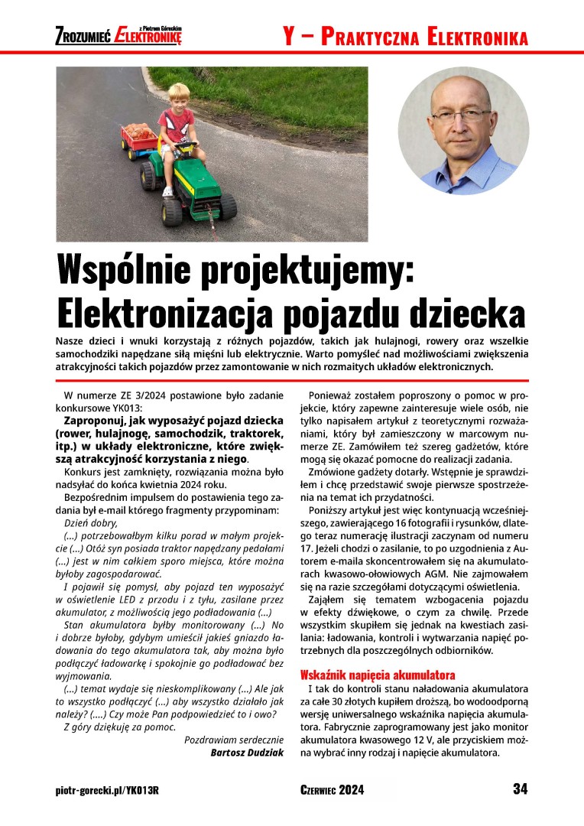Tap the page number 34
(520, 789)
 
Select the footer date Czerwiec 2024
(332, 790)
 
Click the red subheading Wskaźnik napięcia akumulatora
(378, 675)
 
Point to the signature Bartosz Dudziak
(247, 753)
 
